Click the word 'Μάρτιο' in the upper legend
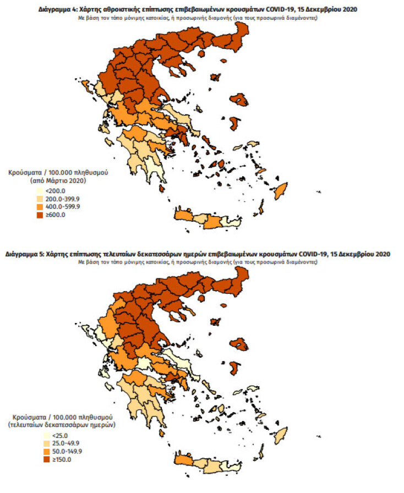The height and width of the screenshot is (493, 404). tap(65, 180)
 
